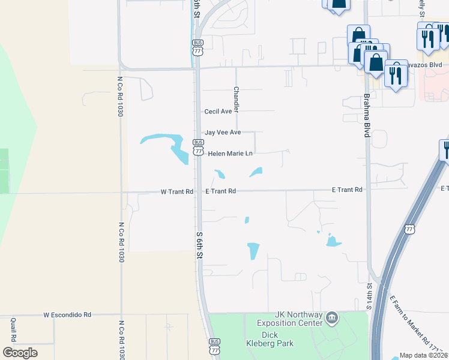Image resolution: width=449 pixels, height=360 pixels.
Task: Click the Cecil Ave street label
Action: (218, 112)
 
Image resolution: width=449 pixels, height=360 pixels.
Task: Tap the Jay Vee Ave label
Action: (223, 132)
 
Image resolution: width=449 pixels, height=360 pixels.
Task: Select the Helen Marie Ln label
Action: (231, 154)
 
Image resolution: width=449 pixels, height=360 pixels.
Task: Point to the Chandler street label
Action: (236, 98)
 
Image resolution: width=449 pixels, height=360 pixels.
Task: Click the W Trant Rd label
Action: (177, 192)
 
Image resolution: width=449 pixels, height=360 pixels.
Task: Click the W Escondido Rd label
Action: (67, 314)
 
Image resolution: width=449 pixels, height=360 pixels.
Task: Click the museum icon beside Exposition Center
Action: (331, 317)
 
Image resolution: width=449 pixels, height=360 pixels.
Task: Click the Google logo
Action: (20, 353)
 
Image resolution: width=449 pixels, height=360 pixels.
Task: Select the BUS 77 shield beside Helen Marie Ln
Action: (197, 148)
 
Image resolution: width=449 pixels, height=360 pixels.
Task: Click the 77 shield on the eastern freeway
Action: (410, 229)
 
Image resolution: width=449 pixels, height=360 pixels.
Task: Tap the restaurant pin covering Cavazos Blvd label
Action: (396, 73)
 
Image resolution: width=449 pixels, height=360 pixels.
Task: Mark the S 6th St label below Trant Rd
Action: (200, 246)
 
